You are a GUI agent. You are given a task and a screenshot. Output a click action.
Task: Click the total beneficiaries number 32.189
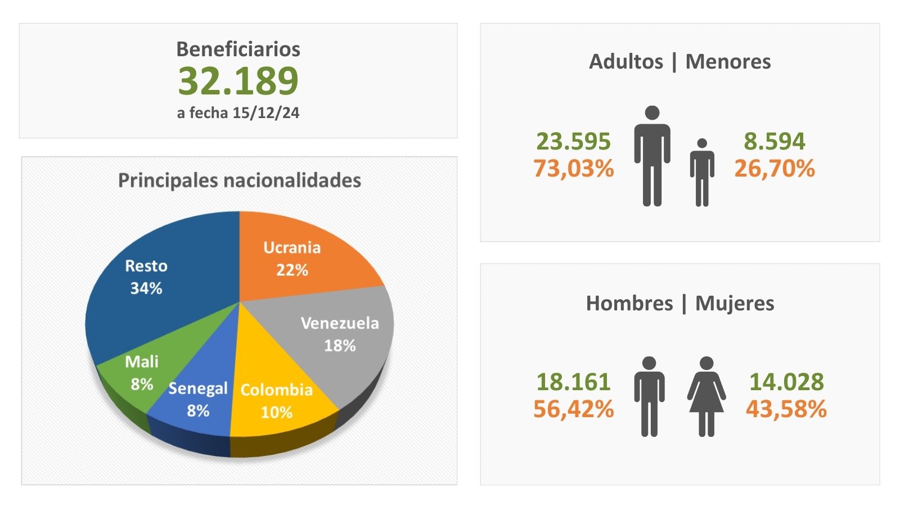(238, 81)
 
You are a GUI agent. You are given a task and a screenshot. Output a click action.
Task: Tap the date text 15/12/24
(265, 113)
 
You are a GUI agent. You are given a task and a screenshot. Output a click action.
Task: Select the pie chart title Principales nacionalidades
(239, 180)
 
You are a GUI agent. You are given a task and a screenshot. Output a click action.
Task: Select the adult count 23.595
(573, 141)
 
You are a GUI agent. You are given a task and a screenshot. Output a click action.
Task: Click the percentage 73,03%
(573, 169)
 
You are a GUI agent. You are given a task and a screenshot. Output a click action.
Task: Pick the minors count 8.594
(775, 141)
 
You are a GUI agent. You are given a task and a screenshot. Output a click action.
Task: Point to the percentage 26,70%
(775, 169)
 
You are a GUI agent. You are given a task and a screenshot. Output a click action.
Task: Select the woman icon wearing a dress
(706, 396)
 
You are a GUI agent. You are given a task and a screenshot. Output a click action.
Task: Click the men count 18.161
(573, 382)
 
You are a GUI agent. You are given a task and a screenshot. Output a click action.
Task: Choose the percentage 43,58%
(786, 409)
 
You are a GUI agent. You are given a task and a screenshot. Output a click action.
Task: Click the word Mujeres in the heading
(735, 304)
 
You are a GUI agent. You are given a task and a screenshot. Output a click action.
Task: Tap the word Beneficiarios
(238, 49)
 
